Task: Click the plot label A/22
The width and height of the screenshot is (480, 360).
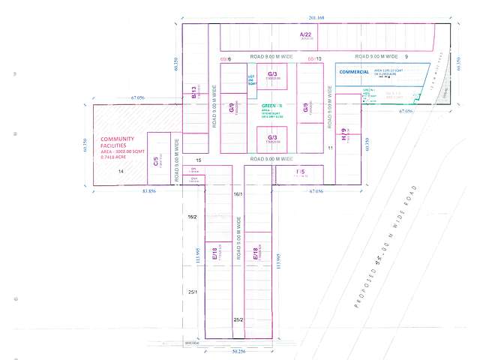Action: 305,34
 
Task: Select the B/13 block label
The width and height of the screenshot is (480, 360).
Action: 193,93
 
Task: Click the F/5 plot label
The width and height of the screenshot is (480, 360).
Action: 300,172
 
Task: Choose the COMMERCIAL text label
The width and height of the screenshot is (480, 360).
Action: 355,72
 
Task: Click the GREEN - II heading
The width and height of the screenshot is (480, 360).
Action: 271,106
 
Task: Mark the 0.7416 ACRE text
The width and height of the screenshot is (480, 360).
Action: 112,157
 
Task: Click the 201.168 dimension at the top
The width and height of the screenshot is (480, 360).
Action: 316,17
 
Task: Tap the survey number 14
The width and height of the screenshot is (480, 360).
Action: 121,172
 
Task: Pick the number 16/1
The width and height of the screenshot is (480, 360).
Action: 238,194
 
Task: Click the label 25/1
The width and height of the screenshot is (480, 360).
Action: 192,292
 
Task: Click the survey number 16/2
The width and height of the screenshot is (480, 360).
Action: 192,217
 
